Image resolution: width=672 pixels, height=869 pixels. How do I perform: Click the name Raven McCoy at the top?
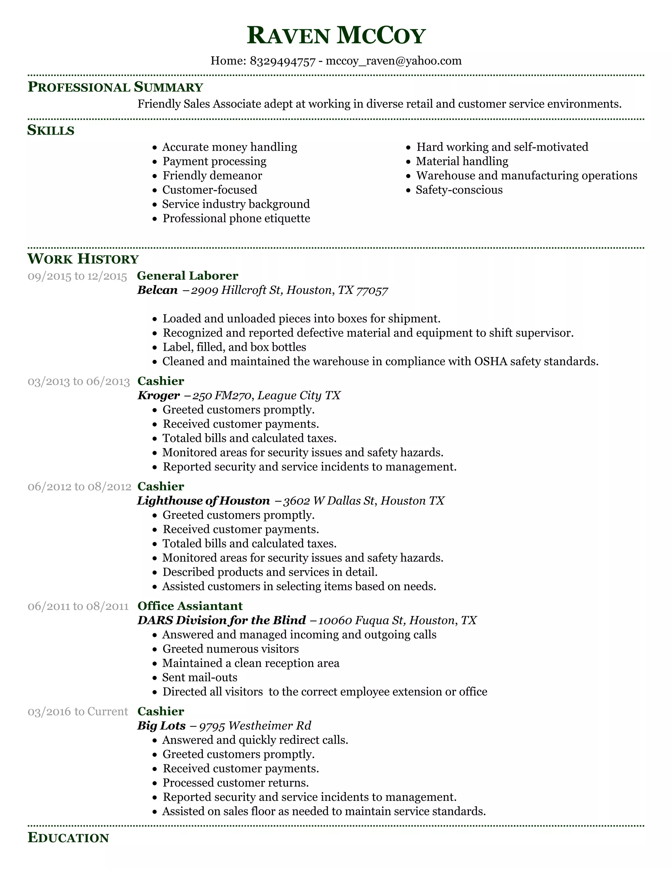click(336, 35)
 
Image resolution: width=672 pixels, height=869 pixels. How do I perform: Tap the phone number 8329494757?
click(282, 61)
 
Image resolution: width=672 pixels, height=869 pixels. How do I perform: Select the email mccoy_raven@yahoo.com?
click(393, 61)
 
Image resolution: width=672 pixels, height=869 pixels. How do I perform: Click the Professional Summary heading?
click(115, 87)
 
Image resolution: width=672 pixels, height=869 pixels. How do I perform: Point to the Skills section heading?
click(51, 130)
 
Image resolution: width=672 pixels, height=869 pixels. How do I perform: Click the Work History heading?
click(83, 259)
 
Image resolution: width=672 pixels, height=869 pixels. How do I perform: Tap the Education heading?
click(68, 838)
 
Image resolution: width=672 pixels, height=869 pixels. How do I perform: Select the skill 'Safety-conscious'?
click(459, 190)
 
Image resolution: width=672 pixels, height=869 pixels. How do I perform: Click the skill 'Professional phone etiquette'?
click(236, 218)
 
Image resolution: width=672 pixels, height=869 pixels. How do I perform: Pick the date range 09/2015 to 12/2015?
click(77, 276)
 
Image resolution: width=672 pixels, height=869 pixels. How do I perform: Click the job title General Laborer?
click(187, 276)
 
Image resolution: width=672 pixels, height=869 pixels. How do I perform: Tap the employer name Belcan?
click(157, 290)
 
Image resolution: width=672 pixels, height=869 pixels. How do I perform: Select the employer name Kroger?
click(158, 395)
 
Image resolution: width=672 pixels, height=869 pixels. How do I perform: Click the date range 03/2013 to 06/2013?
click(79, 382)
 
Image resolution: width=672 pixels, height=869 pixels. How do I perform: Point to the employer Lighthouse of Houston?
click(203, 500)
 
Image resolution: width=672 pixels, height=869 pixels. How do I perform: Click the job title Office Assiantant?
click(190, 606)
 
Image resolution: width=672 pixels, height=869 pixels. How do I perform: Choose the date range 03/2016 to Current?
click(78, 712)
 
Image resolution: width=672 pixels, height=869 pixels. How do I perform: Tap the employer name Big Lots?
click(161, 726)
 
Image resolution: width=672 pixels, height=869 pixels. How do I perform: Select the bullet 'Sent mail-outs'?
click(199, 677)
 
